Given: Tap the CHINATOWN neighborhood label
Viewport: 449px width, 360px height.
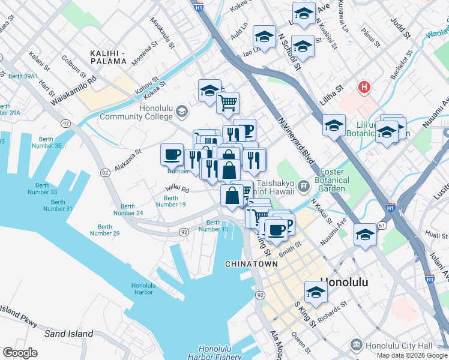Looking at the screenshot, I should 251,264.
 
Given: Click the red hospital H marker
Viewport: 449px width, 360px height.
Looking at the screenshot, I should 363,88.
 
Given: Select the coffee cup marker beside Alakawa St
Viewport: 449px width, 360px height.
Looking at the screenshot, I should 172,155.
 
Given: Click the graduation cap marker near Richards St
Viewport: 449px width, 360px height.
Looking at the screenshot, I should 316,293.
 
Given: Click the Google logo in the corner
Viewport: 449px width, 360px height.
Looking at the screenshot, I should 20,353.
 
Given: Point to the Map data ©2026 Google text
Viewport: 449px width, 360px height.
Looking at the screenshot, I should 412,355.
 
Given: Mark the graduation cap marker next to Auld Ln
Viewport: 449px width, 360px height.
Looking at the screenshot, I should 264,37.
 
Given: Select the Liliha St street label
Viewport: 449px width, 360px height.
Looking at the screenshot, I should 330,95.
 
